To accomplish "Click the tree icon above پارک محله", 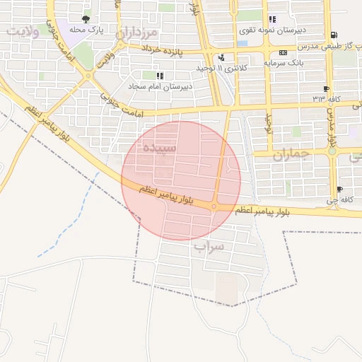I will click(x=86, y=19).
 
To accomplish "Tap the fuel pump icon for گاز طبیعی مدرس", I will click(x=334, y=35).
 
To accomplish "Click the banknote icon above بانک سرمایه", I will click(x=284, y=52).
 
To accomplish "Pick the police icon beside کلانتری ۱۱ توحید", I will click(x=222, y=58).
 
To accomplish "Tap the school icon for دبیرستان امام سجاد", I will click(x=160, y=75).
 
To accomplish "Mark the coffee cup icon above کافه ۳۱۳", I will click(x=326, y=89).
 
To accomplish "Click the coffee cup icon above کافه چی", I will click(x=340, y=189).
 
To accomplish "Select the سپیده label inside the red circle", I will click(x=159, y=148).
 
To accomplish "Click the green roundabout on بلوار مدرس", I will click(x=332, y=151).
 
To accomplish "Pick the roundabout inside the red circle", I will click(x=214, y=206).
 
